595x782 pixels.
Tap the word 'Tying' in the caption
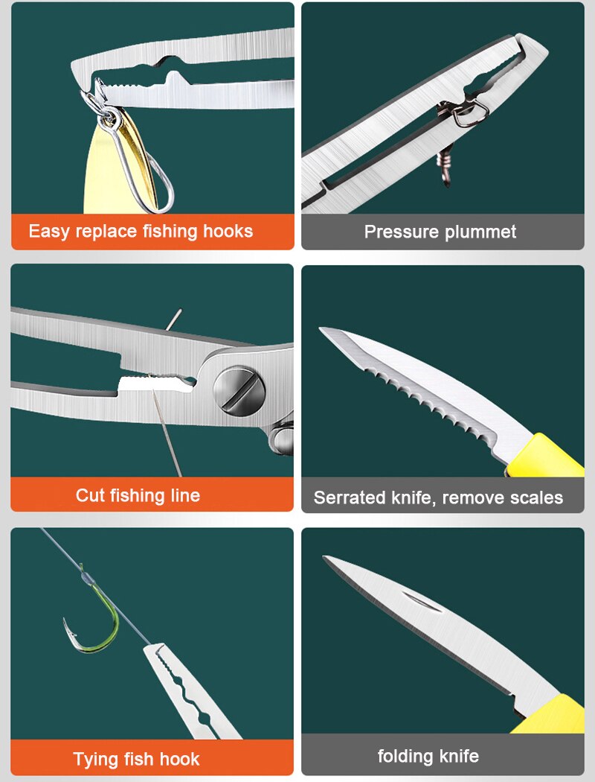[x=95, y=760]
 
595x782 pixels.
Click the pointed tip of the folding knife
[x=325, y=559]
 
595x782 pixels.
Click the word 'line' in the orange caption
[x=183, y=495]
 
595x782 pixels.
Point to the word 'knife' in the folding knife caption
[x=459, y=757]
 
